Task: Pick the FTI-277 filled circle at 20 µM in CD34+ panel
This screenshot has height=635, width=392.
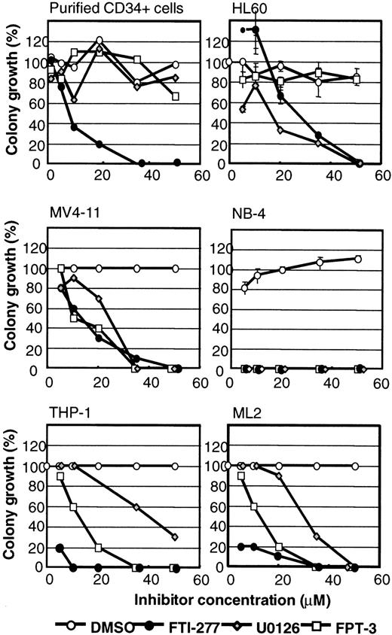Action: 99,144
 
